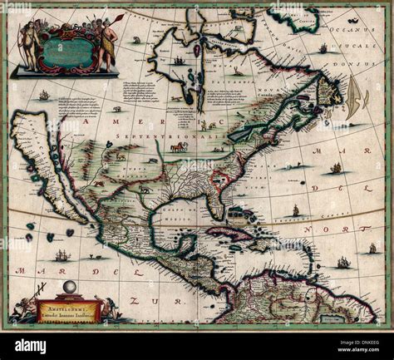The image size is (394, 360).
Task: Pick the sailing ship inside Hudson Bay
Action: coord(178,60)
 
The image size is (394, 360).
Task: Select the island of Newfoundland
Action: coord(331,93)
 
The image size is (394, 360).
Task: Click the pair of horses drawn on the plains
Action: coord(177,146)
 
